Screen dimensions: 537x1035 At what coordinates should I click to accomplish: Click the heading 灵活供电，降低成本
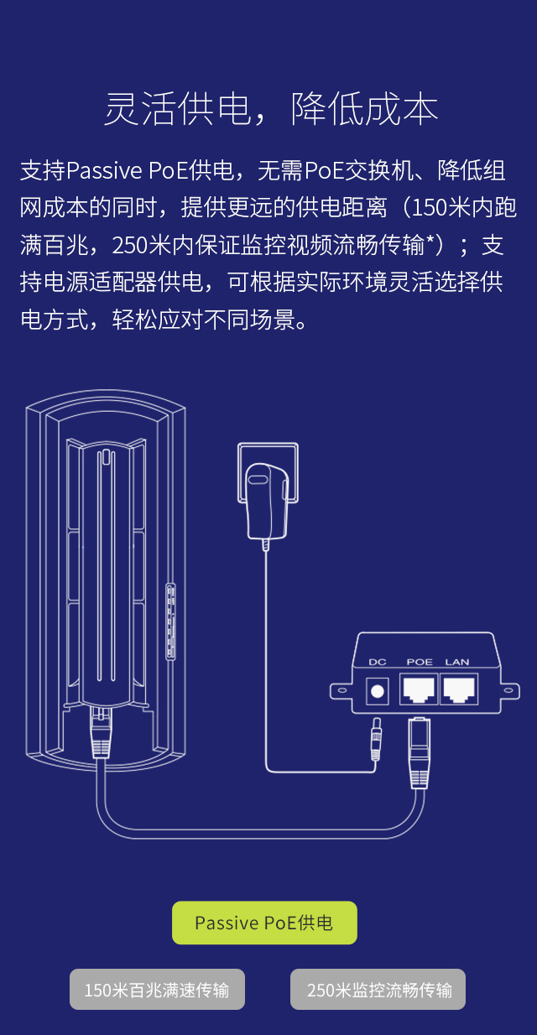271,109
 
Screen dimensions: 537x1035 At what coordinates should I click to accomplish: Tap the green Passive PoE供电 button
264,923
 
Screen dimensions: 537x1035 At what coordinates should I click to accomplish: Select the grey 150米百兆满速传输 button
157,989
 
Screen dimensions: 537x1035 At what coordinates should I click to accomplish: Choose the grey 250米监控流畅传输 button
378,989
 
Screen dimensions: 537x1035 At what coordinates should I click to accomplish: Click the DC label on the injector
377,662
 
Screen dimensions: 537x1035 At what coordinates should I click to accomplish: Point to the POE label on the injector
420,662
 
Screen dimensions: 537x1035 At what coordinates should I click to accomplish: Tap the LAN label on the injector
457,662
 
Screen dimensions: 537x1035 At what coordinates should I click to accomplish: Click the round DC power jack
377,691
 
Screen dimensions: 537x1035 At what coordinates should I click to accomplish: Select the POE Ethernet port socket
418,689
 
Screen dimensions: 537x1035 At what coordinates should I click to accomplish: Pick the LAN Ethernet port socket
458,689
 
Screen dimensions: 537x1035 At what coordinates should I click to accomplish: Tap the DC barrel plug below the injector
376,739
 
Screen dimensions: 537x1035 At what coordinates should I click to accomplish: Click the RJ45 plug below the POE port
420,753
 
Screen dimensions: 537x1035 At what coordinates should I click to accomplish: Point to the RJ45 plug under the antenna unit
101,733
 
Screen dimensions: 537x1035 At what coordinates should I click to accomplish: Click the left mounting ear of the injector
341,690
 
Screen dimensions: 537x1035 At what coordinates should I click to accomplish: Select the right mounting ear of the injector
510,691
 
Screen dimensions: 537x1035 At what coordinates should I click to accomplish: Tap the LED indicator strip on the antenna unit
170,622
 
